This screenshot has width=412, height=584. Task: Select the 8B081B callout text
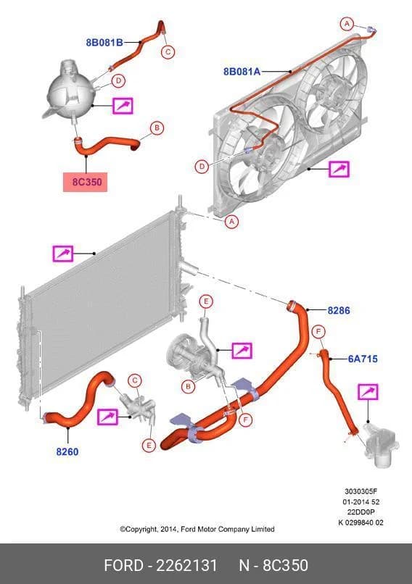click(x=104, y=43)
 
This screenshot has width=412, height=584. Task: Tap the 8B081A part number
click(x=242, y=72)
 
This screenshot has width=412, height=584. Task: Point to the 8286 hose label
click(x=339, y=310)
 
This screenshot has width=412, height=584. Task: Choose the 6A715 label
click(x=363, y=359)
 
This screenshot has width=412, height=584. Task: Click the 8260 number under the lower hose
click(x=67, y=452)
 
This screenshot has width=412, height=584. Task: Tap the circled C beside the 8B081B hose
click(x=168, y=51)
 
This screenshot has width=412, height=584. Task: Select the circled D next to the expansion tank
click(x=118, y=80)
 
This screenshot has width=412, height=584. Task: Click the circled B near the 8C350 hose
click(x=157, y=128)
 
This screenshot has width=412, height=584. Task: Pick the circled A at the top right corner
click(x=347, y=24)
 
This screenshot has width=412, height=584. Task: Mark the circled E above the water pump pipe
click(x=206, y=301)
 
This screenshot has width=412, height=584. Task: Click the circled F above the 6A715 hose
click(x=318, y=331)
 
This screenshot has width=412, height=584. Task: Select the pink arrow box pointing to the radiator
click(x=62, y=254)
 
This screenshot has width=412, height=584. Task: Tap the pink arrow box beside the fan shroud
click(x=339, y=169)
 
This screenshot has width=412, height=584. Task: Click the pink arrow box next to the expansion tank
click(x=123, y=106)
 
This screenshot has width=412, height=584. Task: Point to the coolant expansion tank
click(x=71, y=89)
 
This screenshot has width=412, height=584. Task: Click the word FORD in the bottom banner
click(x=123, y=565)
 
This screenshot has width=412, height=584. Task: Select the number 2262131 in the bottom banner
click(x=186, y=565)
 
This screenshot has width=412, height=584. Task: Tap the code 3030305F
click(x=360, y=492)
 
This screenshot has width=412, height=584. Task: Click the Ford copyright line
click(x=197, y=529)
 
